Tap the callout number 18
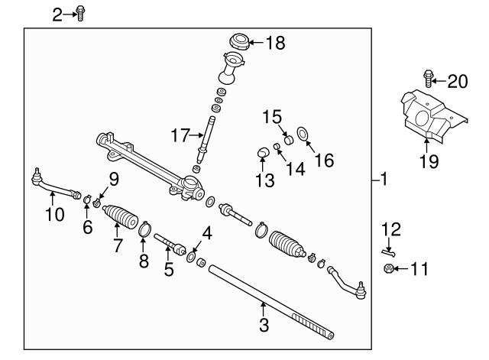click(274, 44)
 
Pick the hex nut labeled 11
click(388, 268)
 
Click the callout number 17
click(180, 136)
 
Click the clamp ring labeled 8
click(144, 228)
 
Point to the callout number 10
click(53, 215)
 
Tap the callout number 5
click(168, 268)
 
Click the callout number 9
click(113, 180)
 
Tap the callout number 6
click(87, 226)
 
